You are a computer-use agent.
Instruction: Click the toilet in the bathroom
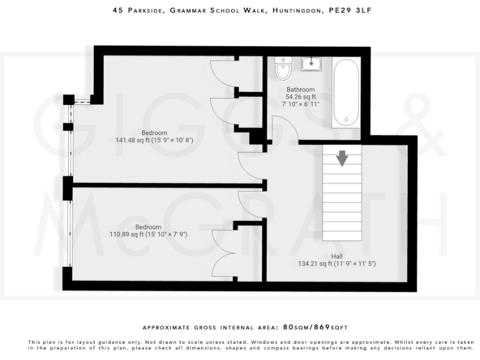point(283,69)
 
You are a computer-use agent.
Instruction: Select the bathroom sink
point(311,64)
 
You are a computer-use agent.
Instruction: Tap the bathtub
point(346,92)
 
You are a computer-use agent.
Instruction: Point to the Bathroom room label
point(300,90)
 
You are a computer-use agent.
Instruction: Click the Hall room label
point(337,256)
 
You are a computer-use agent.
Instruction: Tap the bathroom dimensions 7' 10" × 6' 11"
point(300,104)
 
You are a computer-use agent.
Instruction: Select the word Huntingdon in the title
point(296,11)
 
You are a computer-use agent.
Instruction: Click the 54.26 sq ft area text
point(300,97)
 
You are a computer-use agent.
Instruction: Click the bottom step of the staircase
point(342,236)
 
